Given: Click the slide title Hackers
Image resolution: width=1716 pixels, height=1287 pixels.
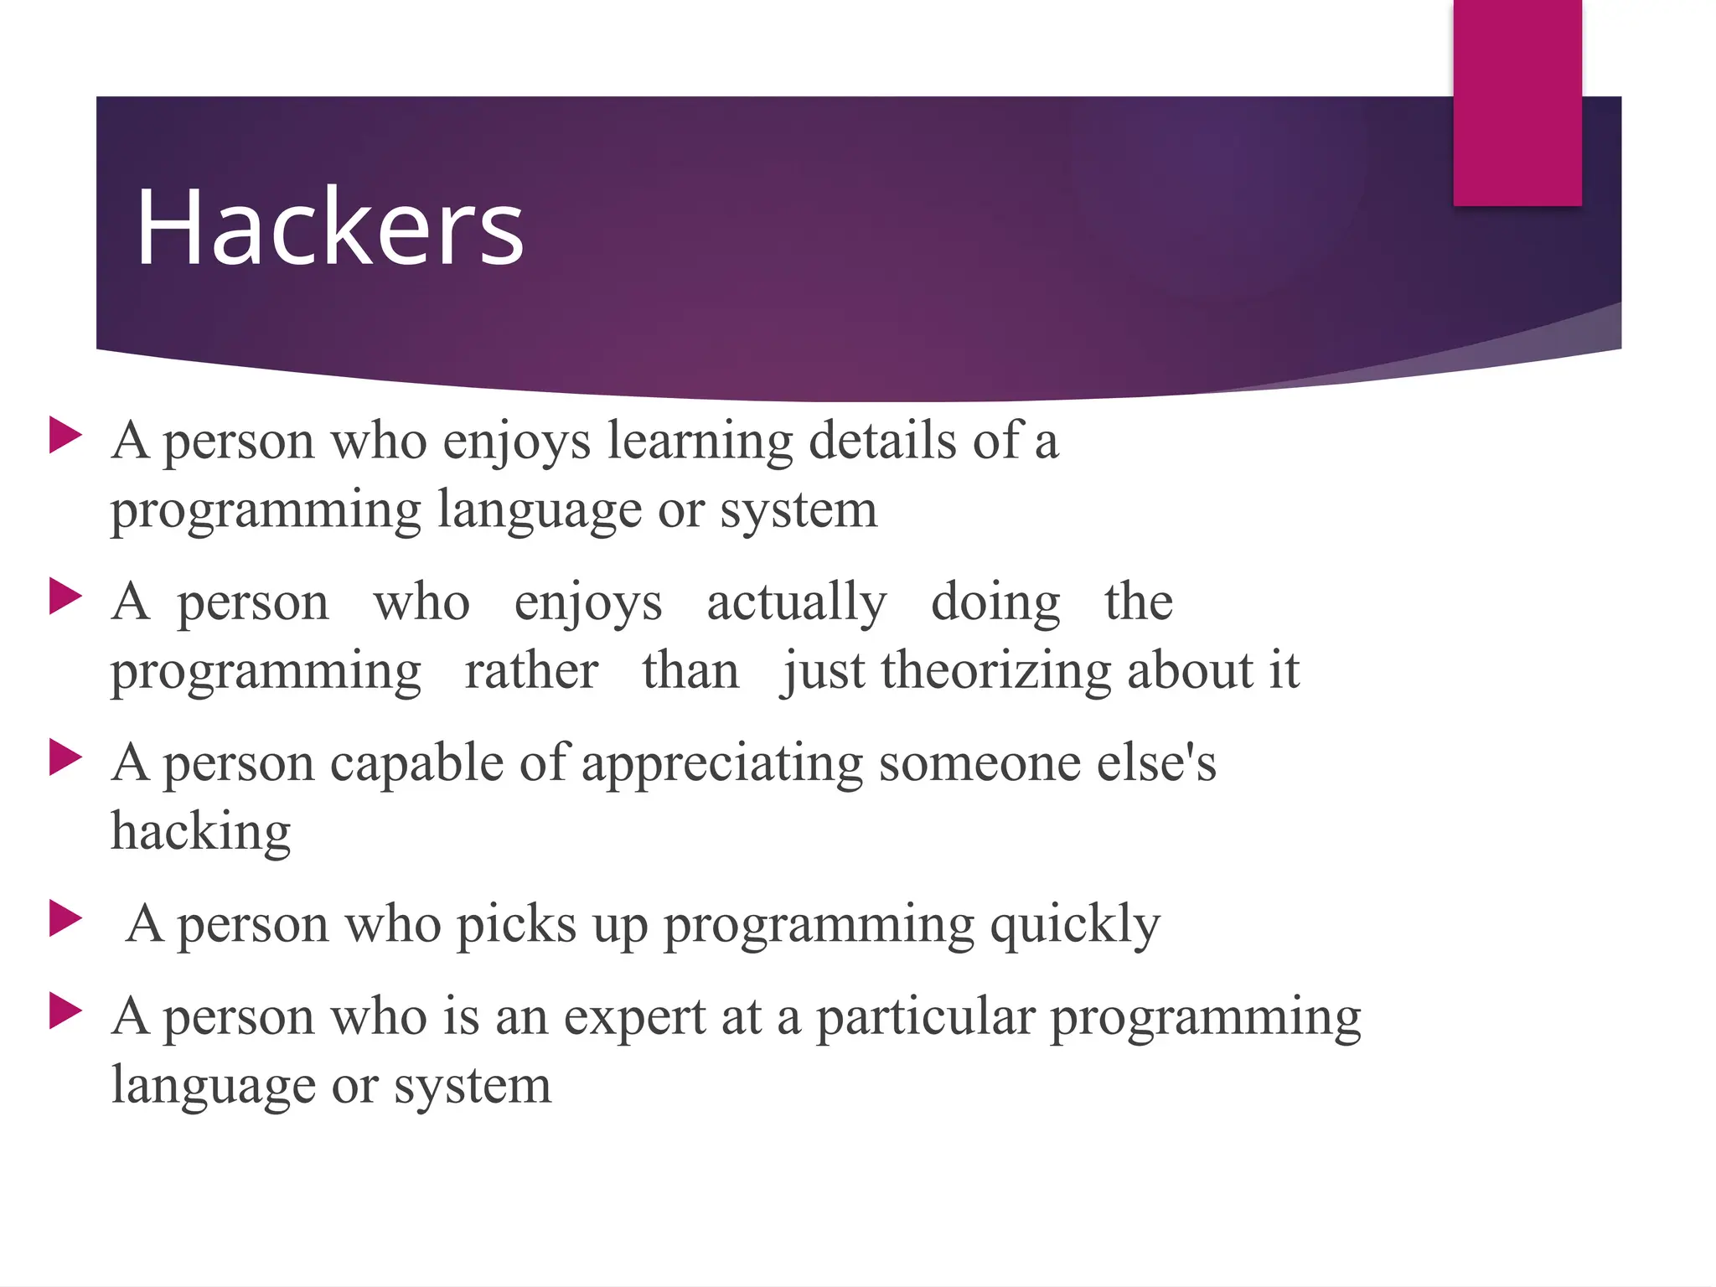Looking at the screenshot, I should coord(329,228).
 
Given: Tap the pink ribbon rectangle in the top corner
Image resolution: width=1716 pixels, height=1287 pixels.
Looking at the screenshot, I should coord(1517,102).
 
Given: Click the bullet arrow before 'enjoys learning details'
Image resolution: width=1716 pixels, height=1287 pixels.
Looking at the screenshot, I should coord(65,435).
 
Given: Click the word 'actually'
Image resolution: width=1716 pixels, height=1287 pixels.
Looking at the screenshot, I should coord(796,603).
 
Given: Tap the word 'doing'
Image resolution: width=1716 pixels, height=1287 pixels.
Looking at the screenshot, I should coord(995,603).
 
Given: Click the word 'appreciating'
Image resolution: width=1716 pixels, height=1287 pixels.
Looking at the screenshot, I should coord(721,764).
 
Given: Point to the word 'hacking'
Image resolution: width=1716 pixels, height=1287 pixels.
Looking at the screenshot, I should coord(201,833).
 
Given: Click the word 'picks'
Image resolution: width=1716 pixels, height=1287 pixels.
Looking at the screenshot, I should coord(516,925).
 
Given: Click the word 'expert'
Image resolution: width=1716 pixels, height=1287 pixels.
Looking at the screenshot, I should coord(634,1018).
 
